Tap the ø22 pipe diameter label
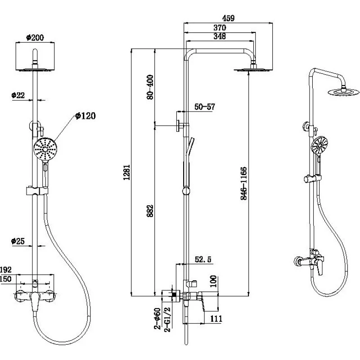18,95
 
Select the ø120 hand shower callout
85,116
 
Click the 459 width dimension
229,18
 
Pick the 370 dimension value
220,27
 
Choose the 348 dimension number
220,36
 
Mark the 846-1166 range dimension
243,184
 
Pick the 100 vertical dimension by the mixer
213,282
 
